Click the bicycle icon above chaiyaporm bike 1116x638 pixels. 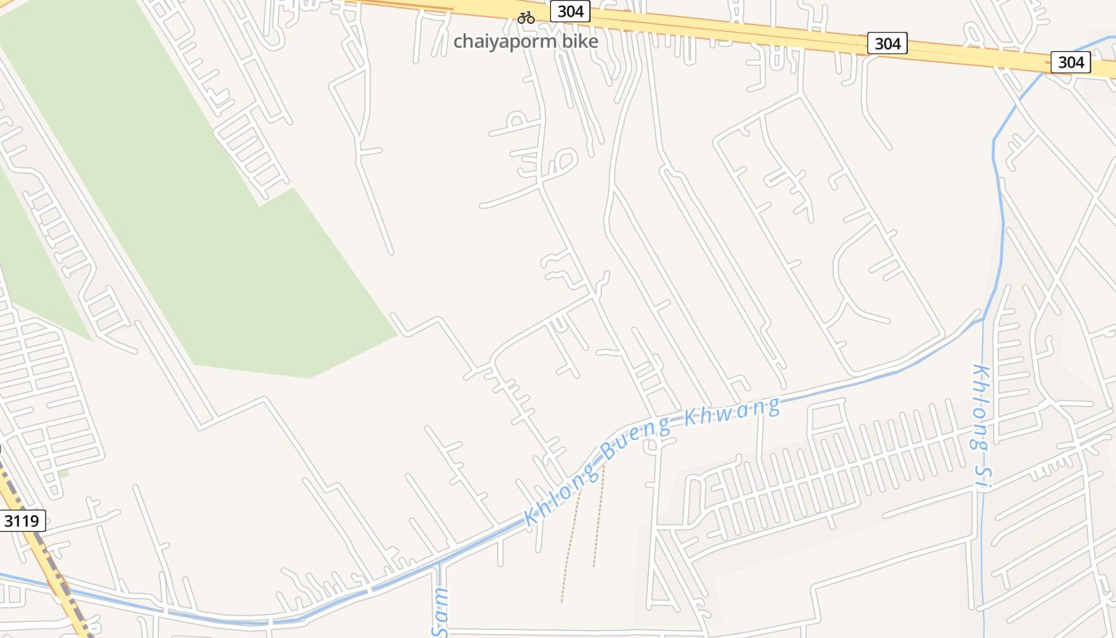click(526, 17)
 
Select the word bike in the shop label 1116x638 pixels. click(580, 41)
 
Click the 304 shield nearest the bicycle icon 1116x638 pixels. click(571, 11)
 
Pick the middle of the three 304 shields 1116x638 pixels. click(887, 43)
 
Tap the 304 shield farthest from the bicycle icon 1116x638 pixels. click(1071, 61)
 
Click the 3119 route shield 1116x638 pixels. click(22, 522)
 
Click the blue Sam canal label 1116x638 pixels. click(441, 612)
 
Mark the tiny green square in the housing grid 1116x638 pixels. click(63, 474)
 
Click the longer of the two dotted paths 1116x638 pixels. click(570, 542)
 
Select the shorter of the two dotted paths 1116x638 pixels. click(598, 518)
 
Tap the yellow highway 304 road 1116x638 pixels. click(717, 29)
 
